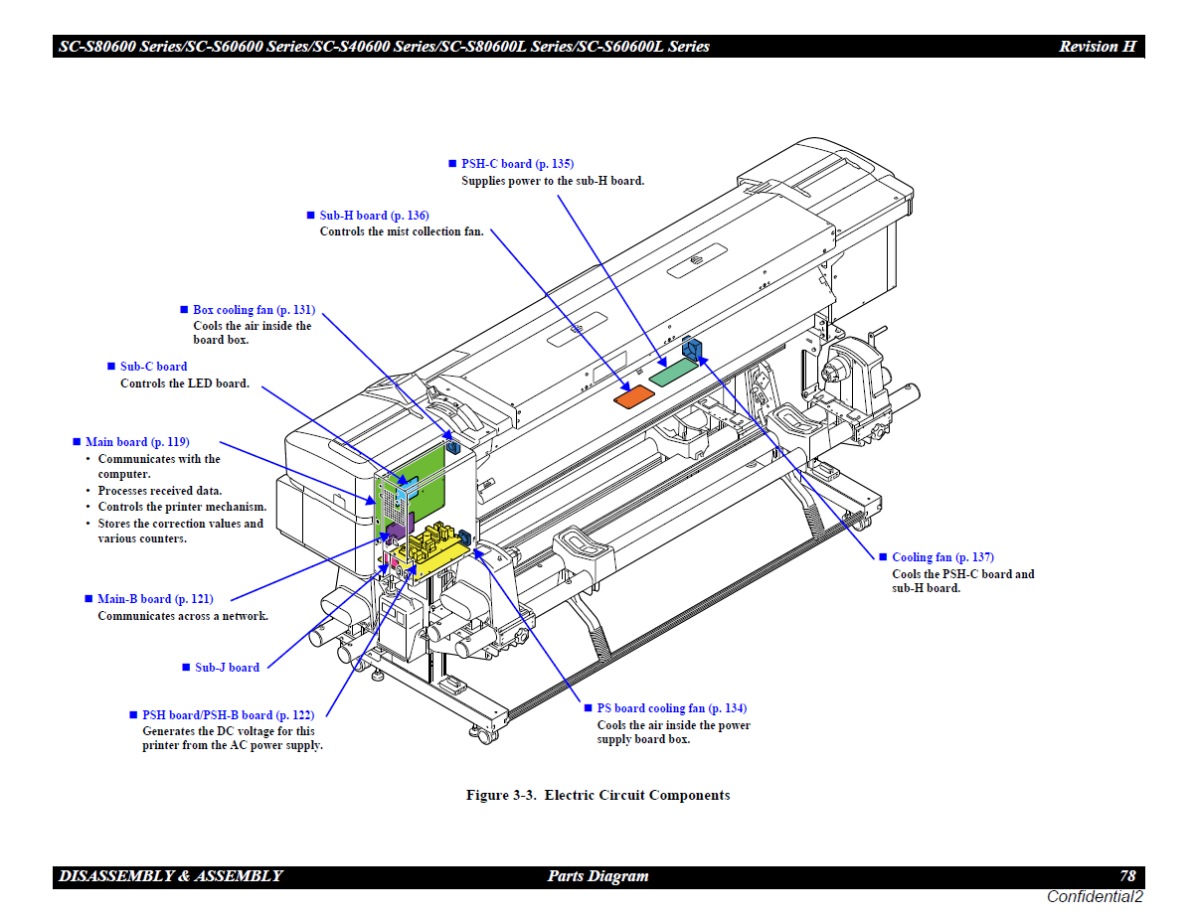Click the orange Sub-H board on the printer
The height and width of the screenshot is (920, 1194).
pyautogui.click(x=633, y=396)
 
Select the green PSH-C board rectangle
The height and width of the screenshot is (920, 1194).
pyautogui.click(x=674, y=374)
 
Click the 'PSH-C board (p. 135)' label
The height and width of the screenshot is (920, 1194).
pyautogui.click(x=517, y=164)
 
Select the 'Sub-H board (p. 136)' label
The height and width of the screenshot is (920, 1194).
pyautogui.click(x=374, y=216)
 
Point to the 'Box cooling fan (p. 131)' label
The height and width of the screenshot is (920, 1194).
pyautogui.click(x=254, y=310)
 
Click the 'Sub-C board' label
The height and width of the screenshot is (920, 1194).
pyautogui.click(x=153, y=367)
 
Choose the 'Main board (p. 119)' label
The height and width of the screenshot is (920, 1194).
pyautogui.click(x=137, y=442)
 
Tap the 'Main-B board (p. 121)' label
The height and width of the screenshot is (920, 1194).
pyautogui.click(x=155, y=599)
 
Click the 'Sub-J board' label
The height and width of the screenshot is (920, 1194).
pyautogui.click(x=227, y=668)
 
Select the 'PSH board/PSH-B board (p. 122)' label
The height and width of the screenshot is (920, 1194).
pyautogui.click(x=228, y=715)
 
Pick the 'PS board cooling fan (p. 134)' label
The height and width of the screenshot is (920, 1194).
pyautogui.click(x=671, y=708)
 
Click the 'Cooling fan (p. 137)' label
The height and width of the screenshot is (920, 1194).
pyautogui.click(x=942, y=557)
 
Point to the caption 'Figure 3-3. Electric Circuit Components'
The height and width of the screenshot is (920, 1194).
pyautogui.click(x=597, y=795)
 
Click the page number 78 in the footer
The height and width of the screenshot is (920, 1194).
pyautogui.click(x=1127, y=876)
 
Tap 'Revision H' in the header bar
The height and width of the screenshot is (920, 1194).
pyautogui.click(x=1097, y=47)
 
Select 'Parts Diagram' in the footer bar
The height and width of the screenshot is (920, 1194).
pyautogui.click(x=597, y=876)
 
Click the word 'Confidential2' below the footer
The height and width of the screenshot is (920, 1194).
pyautogui.click(x=1095, y=897)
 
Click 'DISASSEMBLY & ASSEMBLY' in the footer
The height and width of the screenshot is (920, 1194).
pyautogui.click(x=171, y=876)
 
